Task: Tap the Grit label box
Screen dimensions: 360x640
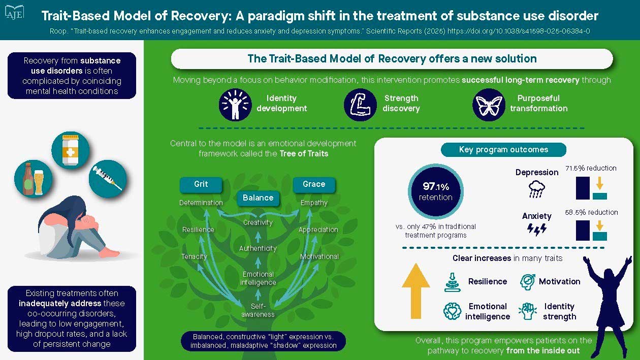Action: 201,184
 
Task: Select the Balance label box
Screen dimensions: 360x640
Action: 258,198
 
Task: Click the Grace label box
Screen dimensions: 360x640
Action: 314,184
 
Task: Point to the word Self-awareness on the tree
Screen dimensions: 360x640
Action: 259,310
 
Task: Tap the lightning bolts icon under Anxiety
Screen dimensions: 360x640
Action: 537,230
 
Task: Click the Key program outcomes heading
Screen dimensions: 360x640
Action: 503,150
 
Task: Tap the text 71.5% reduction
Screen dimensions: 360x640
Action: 591,168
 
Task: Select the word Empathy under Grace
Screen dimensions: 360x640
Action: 314,203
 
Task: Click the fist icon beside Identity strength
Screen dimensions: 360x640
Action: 527,311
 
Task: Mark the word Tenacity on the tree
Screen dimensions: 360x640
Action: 194,256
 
